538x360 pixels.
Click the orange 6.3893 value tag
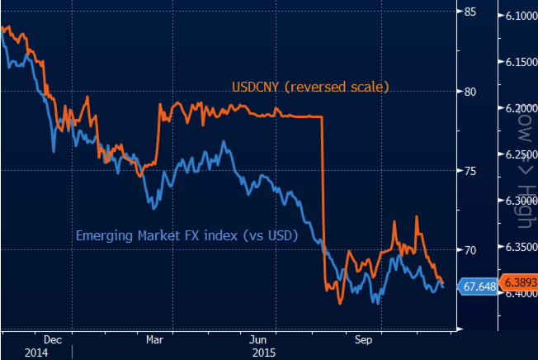[517, 281]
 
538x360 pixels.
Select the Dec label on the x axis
[51, 339]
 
